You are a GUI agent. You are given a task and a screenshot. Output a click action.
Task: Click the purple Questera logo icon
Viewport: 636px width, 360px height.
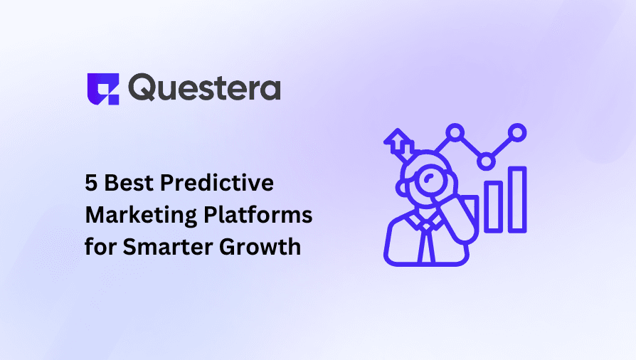pos(103,88)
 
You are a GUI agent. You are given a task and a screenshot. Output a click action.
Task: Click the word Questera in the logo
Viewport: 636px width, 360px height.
pos(204,88)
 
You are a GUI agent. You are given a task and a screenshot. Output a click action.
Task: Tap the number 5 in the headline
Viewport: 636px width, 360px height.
pos(91,183)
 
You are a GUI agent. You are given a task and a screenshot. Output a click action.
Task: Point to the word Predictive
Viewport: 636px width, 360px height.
pos(217,183)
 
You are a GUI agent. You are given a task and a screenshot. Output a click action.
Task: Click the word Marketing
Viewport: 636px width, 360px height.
pos(141,215)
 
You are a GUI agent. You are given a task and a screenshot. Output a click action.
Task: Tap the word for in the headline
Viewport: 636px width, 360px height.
pos(100,246)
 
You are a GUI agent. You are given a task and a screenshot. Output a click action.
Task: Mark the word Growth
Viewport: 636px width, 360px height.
pos(260,247)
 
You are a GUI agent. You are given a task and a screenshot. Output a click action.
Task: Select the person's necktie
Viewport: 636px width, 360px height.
pos(426,243)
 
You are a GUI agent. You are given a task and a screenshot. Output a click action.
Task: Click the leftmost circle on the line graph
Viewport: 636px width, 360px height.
pos(455,133)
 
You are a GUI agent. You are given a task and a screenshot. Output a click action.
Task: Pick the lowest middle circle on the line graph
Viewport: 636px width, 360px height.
pos(486,162)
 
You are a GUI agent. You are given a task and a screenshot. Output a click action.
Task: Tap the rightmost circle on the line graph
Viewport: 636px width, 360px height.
pos(517,133)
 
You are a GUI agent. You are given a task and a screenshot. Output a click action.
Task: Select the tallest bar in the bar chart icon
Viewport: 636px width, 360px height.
pos(517,200)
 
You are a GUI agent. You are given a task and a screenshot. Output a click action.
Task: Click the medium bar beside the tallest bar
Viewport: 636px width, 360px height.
pos(493,208)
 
